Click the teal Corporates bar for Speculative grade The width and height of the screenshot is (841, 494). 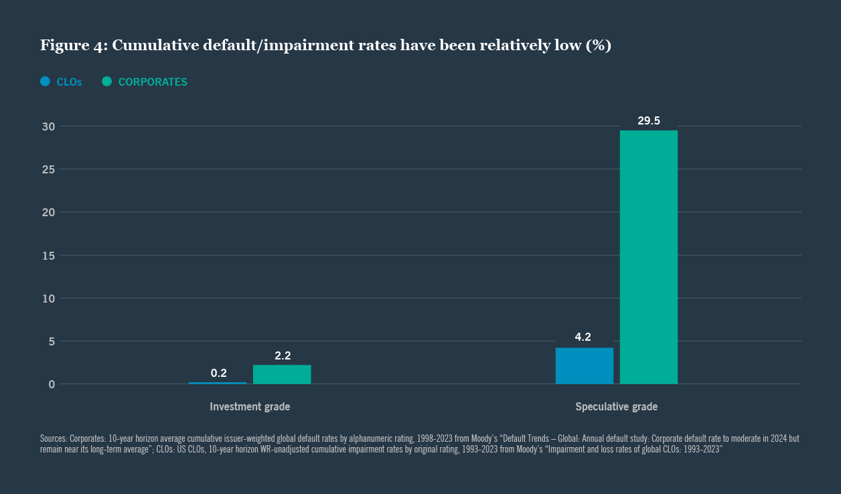(648, 257)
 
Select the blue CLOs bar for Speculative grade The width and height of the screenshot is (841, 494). (584, 365)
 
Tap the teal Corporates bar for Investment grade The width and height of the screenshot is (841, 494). (282, 374)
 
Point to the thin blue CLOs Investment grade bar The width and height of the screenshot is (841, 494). (218, 383)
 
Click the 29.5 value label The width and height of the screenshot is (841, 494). (648, 121)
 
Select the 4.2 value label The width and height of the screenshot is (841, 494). (583, 337)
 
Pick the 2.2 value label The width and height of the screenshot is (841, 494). (283, 355)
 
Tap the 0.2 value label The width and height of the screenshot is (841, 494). (219, 373)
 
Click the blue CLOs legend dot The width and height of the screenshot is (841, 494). (45, 82)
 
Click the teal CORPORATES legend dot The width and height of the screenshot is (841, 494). (106, 82)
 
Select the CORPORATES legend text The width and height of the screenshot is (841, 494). (153, 82)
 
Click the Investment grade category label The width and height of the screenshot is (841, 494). (250, 407)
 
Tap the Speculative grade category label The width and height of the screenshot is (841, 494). (616, 407)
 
